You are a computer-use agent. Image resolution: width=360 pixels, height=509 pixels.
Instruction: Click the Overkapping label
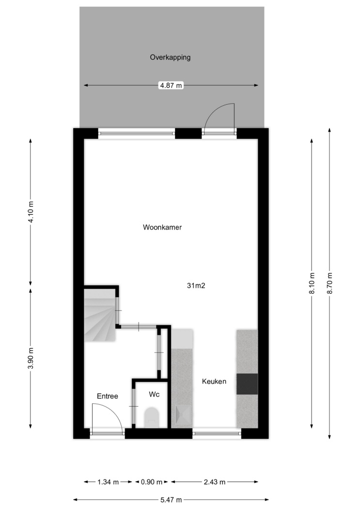[170, 58]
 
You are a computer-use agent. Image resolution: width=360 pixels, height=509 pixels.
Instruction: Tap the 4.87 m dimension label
[171, 86]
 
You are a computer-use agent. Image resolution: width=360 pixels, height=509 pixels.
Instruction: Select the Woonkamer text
[162, 227]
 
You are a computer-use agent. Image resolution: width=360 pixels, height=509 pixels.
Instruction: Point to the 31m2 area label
[196, 286]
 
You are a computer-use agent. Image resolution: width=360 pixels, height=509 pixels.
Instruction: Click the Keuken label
[214, 382]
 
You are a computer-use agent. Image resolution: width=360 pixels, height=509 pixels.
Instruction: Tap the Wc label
[154, 395]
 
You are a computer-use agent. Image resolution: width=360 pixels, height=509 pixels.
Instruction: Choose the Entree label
[108, 396]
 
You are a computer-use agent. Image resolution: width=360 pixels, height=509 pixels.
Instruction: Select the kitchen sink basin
[184, 415]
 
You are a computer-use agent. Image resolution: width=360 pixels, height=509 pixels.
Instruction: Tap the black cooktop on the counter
[247, 384]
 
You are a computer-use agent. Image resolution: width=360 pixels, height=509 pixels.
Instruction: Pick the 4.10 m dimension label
[31, 212]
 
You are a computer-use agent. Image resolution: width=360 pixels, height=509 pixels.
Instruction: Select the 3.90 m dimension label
[31, 358]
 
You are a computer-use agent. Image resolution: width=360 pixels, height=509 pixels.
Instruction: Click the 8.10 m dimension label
[312, 283]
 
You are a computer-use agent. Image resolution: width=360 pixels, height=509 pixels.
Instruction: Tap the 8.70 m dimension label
[330, 283]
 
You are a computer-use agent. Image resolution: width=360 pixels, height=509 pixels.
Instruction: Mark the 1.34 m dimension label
[108, 482]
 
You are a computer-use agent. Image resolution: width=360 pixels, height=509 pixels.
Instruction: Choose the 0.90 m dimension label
[152, 482]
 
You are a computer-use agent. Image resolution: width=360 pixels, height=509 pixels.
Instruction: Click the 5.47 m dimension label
[171, 500]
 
